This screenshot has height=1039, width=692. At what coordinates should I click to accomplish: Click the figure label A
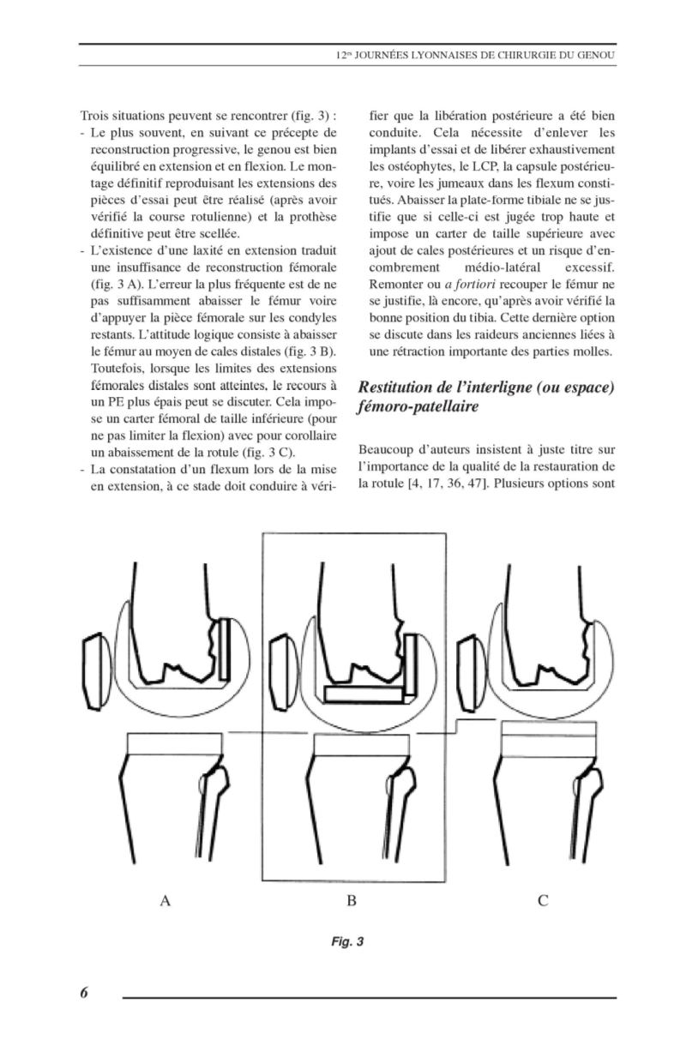(x=166, y=901)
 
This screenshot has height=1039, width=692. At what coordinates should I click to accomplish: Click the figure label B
(x=351, y=901)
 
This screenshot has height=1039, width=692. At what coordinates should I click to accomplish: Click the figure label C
(x=543, y=901)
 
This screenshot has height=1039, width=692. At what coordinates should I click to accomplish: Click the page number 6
(x=84, y=993)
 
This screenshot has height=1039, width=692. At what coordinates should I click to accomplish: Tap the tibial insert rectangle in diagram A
(x=165, y=744)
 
